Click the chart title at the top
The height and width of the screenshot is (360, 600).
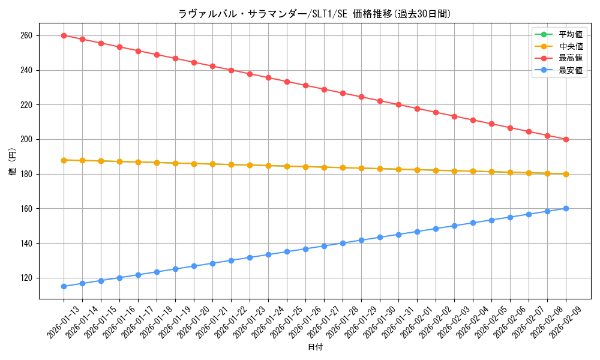[314, 14]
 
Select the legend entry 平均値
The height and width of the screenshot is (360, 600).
[570, 34]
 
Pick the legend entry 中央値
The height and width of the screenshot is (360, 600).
[570, 46]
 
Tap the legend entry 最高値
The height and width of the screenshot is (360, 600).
[570, 58]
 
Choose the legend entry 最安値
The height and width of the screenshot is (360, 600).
[570, 70]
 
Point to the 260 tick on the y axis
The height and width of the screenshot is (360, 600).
[27, 35]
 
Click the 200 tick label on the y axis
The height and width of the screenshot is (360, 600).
[27, 139]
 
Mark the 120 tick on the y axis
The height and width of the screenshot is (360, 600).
[27, 278]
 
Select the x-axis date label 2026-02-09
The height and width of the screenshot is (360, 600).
[566, 322]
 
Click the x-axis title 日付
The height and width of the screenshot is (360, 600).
[315, 347]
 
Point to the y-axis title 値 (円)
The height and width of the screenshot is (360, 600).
[13, 162]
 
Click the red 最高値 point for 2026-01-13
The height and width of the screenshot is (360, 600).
[64, 35]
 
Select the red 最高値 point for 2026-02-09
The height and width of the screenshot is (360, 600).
[566, 139]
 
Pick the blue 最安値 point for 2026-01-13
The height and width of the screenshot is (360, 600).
[64, 286]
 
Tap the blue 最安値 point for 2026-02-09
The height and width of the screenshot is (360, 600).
[566, 208]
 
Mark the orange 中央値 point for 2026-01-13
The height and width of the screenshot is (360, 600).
[64, 160]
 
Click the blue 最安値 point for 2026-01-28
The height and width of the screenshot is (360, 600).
[343, 243]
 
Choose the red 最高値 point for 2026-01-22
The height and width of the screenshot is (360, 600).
[231, 70]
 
